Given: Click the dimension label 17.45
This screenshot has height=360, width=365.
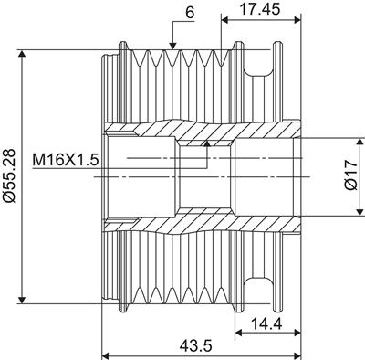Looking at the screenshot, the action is click(x=260, y=9).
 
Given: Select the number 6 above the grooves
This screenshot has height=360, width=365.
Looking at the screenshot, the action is click(x=190, y=14).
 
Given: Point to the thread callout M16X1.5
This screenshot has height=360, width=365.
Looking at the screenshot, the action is click(x=66, y=160).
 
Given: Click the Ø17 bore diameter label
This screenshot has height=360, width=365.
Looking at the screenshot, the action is click(x=352, y=175).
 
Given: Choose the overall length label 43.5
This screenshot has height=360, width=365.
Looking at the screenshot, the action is click(x=195, y=345).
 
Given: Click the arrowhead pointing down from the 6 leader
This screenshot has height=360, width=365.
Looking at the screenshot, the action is click(x=172, y=46).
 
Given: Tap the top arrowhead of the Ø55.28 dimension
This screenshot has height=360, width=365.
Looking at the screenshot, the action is click(x=22, y=55).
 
